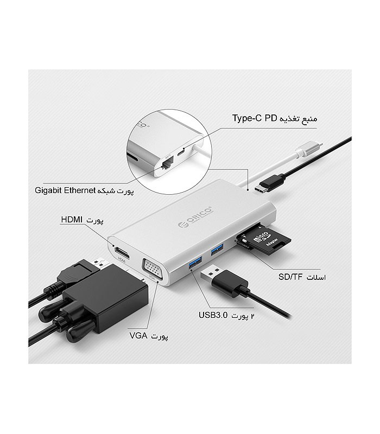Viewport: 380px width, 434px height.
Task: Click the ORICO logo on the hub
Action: coord(195,216)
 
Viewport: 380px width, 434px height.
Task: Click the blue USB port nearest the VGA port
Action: coord(195,262)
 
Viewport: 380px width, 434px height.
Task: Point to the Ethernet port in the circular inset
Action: coord(167,163)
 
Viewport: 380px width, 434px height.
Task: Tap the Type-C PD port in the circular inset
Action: coord(181,152)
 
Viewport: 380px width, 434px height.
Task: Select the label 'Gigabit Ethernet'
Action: coord(65,190)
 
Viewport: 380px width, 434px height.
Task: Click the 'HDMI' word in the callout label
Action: coord(72,220)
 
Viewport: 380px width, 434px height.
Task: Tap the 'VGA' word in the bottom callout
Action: coord(138,336)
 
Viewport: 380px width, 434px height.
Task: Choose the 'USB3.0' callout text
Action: coord(213,315)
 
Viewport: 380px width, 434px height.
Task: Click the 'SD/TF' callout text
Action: coord(290,277)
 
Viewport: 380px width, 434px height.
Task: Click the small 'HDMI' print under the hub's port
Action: coord(122,260)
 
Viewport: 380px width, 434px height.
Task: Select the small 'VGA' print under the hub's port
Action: coord(152,277)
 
